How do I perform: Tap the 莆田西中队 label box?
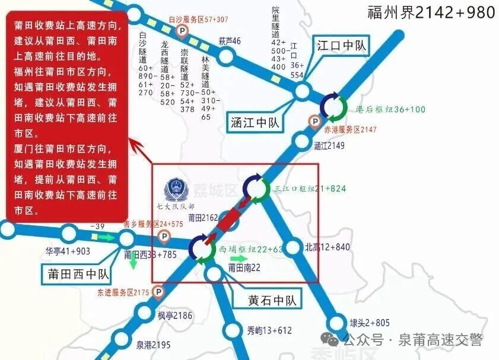point(77,274)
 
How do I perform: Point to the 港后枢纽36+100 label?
point(390,110)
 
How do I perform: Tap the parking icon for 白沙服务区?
point(183,30)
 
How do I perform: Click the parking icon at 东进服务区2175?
point(158,292)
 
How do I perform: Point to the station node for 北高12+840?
point(293,247)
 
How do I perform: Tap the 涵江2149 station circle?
point(303,142)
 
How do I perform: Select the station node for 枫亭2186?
point(144,313)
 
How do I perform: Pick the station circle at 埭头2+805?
point(336,323)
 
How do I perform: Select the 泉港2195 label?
point(153,345)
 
